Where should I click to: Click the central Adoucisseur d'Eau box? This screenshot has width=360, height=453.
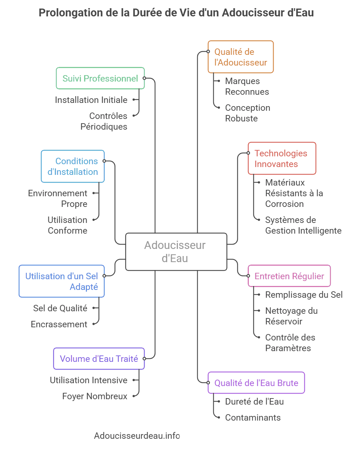coord(176,251)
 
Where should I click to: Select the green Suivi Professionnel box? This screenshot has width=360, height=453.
coord(100,78)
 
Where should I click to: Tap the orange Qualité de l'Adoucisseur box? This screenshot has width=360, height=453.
coord(241,57)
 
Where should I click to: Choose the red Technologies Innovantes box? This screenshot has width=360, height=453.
coord(282,158)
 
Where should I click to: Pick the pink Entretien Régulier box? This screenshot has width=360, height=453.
coord(289,276)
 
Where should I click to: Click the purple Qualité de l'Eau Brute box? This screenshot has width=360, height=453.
coord(256,383)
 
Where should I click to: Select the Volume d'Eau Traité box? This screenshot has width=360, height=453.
coord(99,359)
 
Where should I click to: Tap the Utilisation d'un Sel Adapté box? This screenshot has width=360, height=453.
coord(62,281)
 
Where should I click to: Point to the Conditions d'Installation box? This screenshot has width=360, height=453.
coord(73,166)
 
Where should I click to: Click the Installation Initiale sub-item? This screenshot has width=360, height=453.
coord(91,100)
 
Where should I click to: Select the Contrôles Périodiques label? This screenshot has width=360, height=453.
coord(104,121)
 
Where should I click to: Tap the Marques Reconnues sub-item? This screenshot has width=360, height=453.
coord(247,86)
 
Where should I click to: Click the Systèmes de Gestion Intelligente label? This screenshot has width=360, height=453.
coord(303,225)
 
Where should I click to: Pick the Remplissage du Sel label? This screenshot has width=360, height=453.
coord(304,295)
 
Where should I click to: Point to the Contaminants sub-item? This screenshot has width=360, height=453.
coord(253,417)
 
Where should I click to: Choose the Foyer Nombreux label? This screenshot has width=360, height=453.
coord(94,396)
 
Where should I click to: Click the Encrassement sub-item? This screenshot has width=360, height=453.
coord(59,324)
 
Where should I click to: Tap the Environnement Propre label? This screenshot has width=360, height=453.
coord(58,198)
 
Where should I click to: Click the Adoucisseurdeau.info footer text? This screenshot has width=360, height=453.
coord(137,436)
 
